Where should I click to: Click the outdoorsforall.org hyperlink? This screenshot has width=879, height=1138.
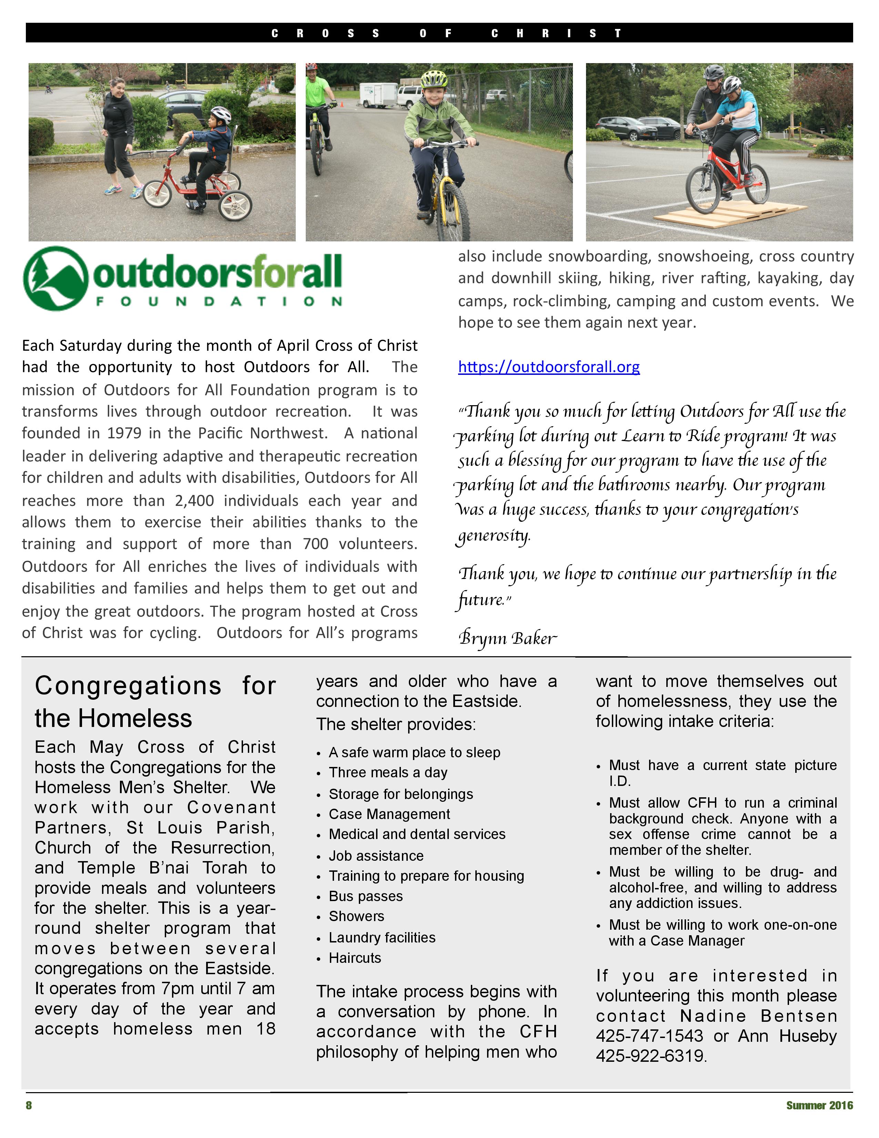click(549, 367)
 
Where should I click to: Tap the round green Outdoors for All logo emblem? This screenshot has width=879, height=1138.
click(55, 278)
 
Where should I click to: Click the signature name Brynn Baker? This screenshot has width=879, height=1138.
click(508, 638)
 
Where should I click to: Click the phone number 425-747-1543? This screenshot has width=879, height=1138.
click(649, 1036)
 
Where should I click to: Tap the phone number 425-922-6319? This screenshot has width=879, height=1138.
click(650, 1056)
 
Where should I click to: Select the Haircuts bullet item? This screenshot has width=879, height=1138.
click(355, 958)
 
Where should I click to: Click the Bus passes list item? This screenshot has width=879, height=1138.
click(365, 896)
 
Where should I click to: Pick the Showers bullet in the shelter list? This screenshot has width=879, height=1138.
click(356, 917)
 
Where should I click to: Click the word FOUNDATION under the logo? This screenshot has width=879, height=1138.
click(219, 302)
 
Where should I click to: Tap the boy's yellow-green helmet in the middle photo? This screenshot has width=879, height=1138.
click(434, 79)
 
